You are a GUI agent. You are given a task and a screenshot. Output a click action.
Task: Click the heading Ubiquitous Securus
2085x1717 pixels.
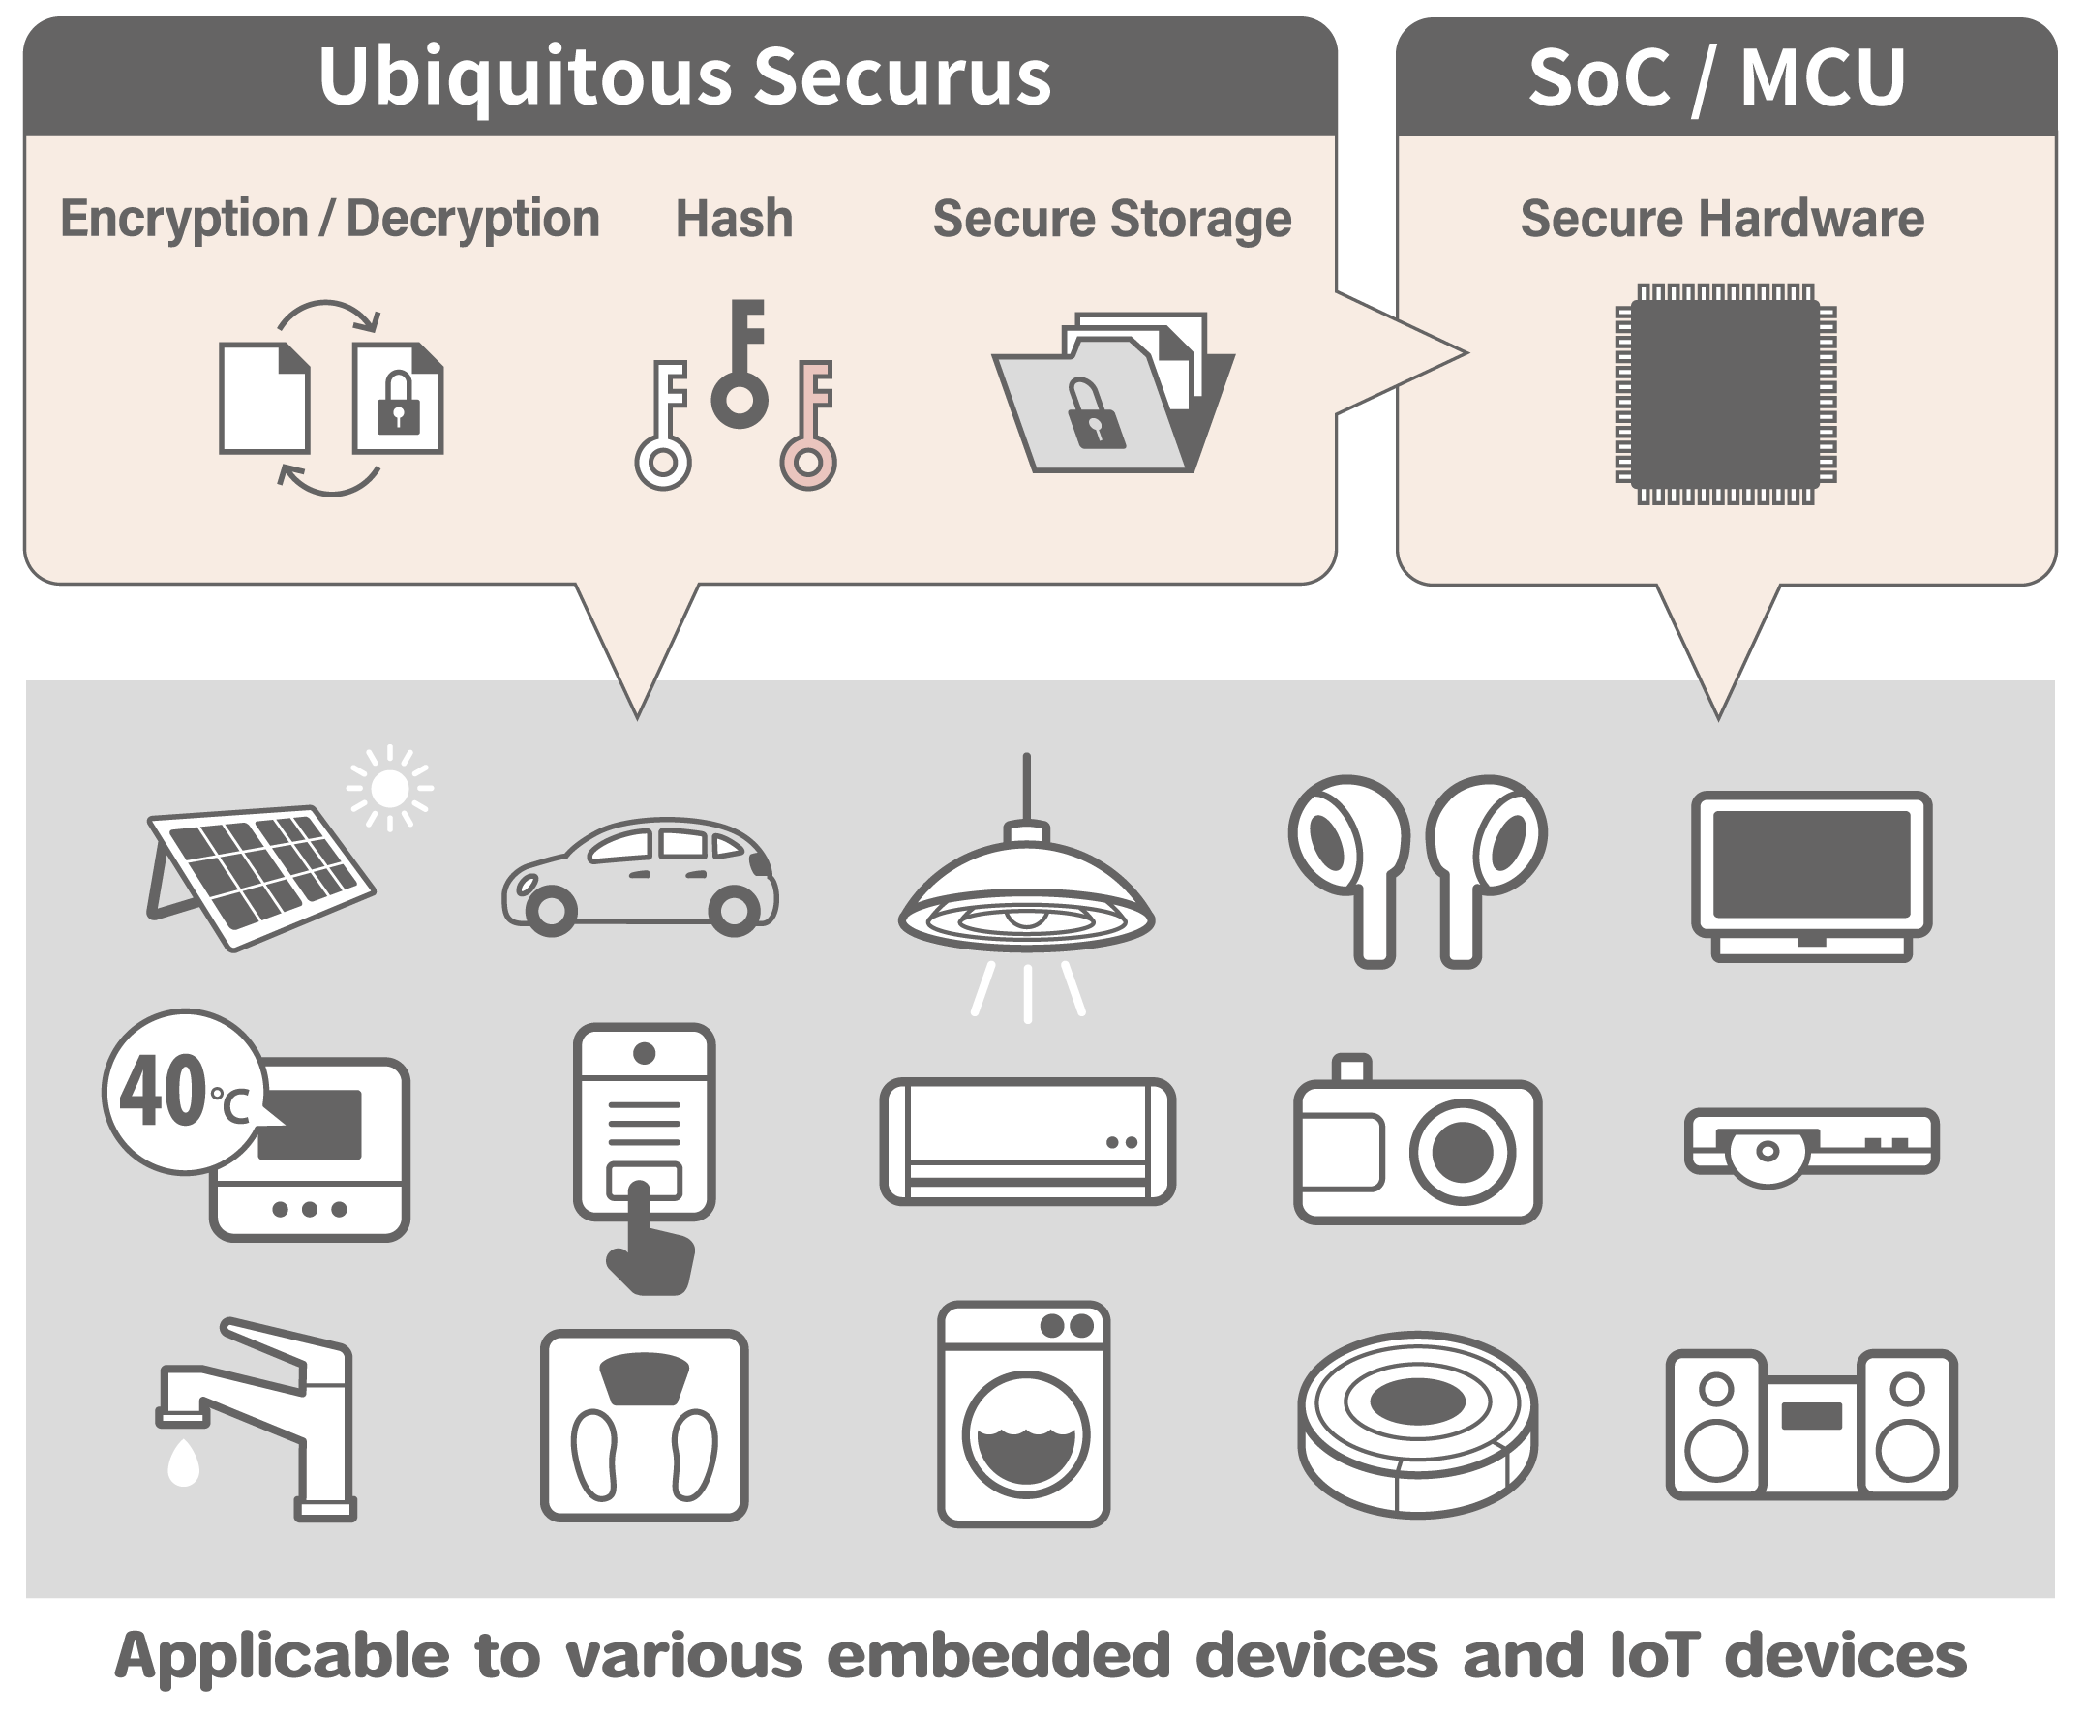(x=683, y=77)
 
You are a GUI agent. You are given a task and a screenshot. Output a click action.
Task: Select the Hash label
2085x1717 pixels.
(x=733, y=219)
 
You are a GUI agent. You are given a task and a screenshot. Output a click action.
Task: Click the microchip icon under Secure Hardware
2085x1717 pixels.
(x=1725, y=394)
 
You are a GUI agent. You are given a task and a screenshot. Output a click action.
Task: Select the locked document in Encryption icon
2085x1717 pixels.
(x=398, y=398)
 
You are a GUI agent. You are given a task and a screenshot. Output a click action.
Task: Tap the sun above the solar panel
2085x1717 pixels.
(x=390, y=788)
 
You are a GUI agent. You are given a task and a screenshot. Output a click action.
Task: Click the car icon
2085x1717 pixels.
(x=640, y=876)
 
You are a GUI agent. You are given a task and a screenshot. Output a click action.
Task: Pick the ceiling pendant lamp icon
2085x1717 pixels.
(x=1026, y=890)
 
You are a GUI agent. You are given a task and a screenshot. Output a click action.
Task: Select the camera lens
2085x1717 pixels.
(x=1462, y=1153)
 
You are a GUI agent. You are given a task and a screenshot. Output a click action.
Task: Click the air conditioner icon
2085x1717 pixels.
(x=1027, y=1140)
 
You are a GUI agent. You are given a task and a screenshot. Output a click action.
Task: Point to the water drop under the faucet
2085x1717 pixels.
(x=184, y=1461)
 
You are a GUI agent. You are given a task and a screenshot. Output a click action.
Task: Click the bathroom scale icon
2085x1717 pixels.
(x=644, y=1425)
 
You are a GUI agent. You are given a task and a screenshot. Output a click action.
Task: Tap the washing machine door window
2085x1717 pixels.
(x=1025, y=1434)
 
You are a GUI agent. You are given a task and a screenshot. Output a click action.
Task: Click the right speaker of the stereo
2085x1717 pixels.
(x=1907, y=1425)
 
